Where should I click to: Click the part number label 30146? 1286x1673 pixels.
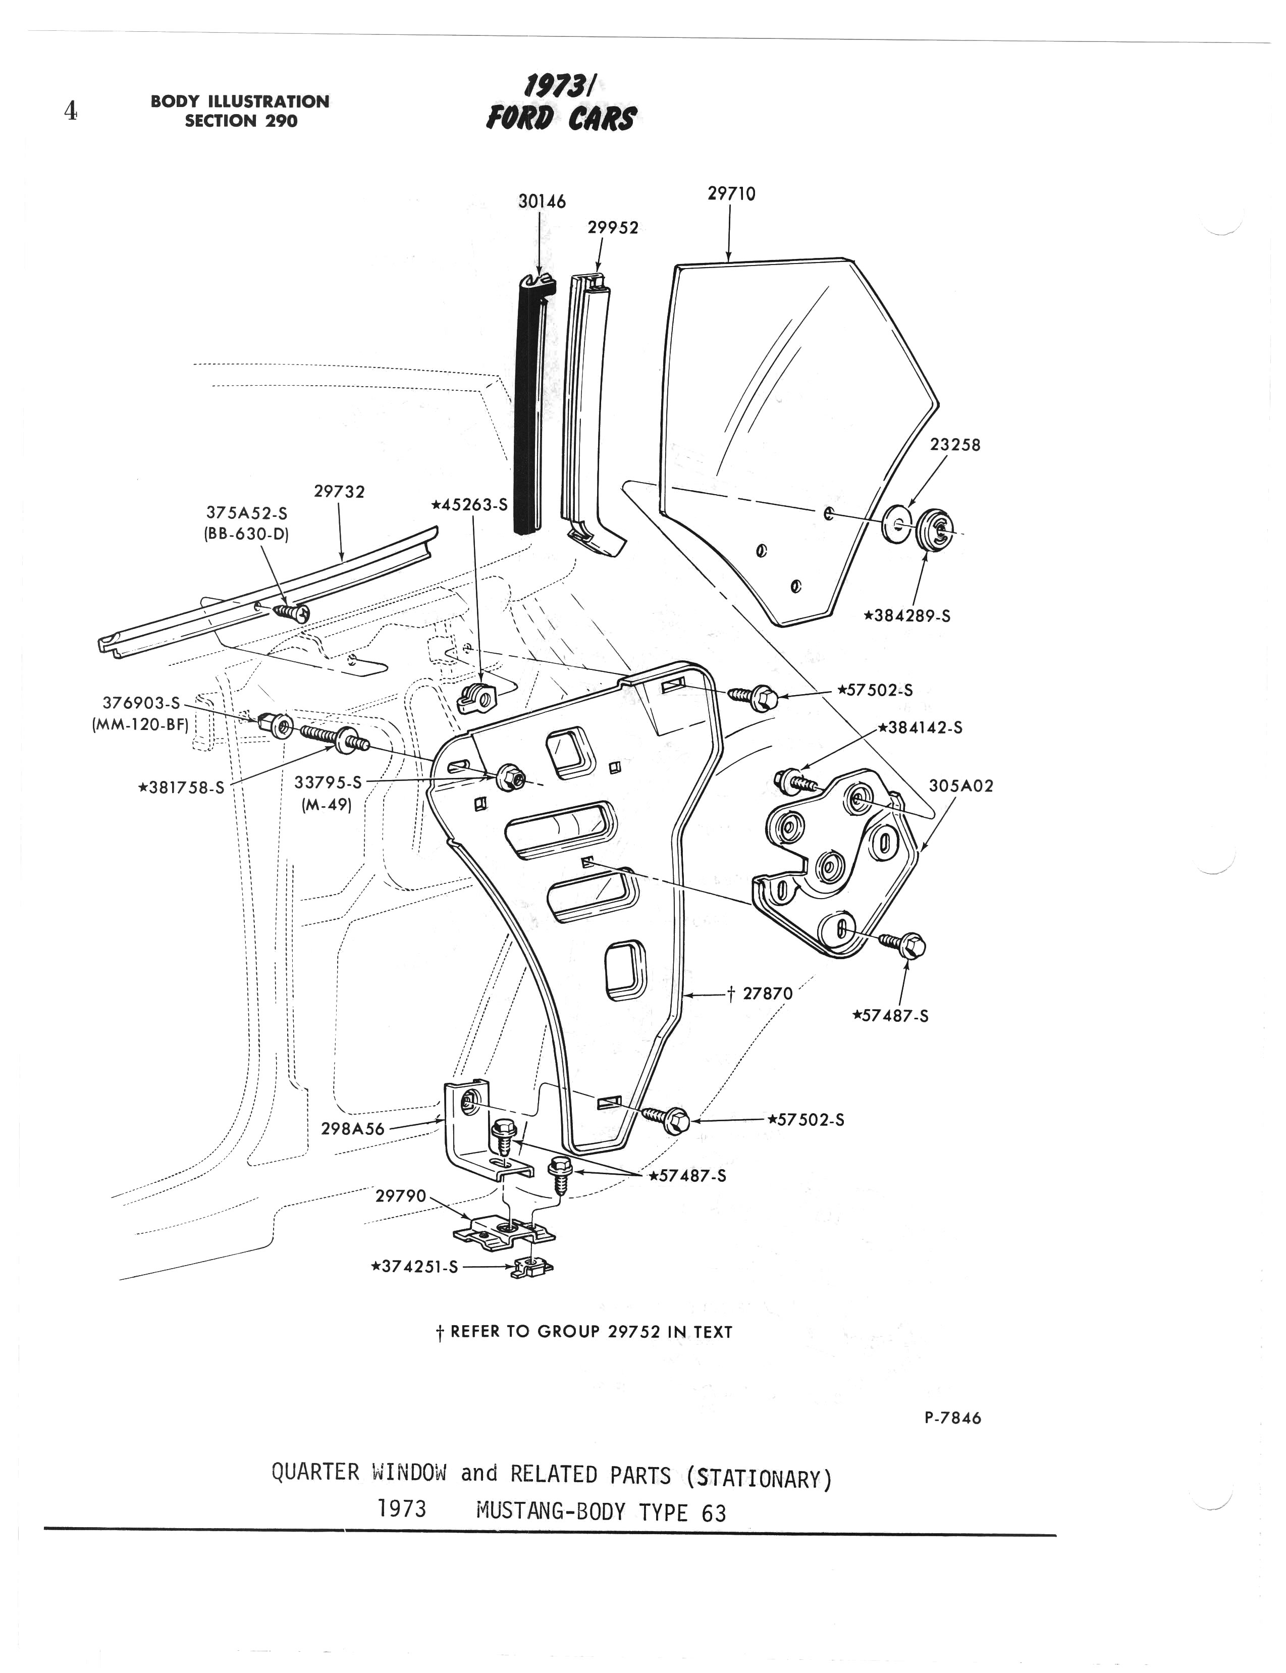coord(542,201)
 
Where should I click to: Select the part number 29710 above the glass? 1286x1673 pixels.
coord(731,194)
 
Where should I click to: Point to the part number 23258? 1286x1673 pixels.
coord(954,445)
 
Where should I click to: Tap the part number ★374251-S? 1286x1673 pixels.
coord(414,1267)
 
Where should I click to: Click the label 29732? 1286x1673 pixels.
coord(339,492)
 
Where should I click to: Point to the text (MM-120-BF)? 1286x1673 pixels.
coord(140,723)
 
